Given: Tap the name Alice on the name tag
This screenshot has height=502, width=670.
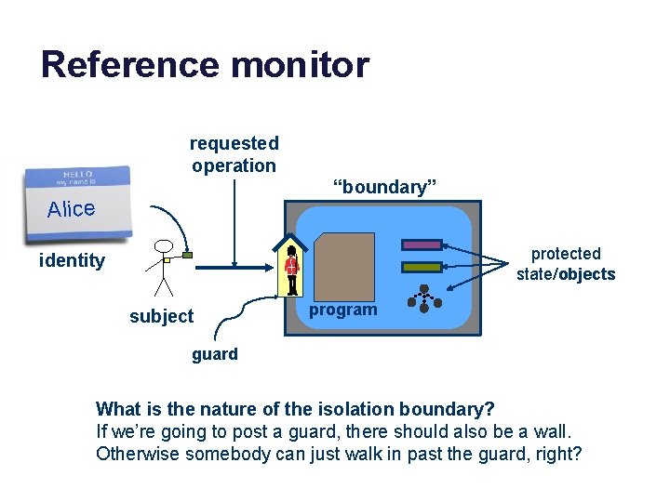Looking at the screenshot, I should (x=72, y=209).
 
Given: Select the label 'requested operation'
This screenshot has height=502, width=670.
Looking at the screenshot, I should (x=234, y=154).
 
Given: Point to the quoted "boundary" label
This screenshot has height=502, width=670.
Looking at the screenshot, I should (x=385, y=187).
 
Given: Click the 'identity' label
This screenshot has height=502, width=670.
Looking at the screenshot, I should (x=72, y=260).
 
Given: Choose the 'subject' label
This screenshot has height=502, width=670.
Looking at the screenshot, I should (x=161, y=316).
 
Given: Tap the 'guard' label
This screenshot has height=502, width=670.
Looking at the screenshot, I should (x=215, y=354).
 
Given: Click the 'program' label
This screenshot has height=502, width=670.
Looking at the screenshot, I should (x=342, y=310).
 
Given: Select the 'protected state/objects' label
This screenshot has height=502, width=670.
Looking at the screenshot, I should (x=566, y=264).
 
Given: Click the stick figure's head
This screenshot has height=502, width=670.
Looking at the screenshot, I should (x=164, y=247).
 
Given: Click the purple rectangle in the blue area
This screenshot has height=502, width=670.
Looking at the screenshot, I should (x=422, y=245).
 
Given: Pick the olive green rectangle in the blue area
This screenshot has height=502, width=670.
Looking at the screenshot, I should (x=422, y=267).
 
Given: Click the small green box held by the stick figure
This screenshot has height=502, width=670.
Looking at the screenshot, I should (x=188, y=254).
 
